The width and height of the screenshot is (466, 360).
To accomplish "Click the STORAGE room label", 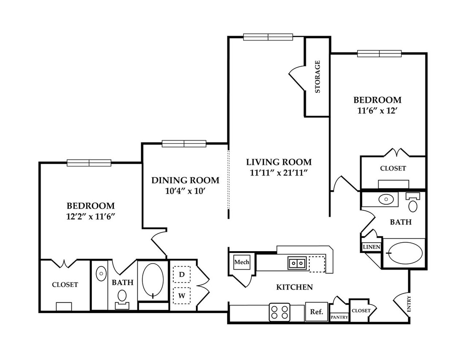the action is click(317, 77).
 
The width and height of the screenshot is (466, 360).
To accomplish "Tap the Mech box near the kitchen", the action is click(242, 262).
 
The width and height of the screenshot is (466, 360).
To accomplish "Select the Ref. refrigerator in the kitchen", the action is click(317, 311).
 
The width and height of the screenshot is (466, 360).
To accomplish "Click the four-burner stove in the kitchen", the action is click(280, 312).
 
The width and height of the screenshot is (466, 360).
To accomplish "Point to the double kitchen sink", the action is click(297, 263).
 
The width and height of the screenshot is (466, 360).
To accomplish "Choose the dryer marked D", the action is click(182, 274).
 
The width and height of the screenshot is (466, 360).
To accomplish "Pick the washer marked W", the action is click(182, 296).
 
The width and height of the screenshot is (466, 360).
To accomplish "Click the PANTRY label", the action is click(339, 317).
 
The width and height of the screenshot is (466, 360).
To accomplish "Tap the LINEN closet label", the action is click(372, 247).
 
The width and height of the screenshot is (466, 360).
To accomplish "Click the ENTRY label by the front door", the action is click(409, 304).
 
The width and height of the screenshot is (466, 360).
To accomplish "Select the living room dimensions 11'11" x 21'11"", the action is click(278, 173).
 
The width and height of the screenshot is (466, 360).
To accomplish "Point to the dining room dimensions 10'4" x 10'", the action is click(186, 191).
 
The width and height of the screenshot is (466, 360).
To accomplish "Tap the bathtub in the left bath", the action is click(153, 279).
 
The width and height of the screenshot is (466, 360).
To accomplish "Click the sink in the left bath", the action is click(101, 273).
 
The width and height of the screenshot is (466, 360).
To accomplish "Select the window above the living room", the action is click(268, 37).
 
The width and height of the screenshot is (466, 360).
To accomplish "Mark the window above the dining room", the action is click(184, 144).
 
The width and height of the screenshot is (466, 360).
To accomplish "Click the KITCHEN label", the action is click(294, 287).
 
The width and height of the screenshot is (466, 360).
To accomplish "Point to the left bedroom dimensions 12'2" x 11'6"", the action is click(90, 217).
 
